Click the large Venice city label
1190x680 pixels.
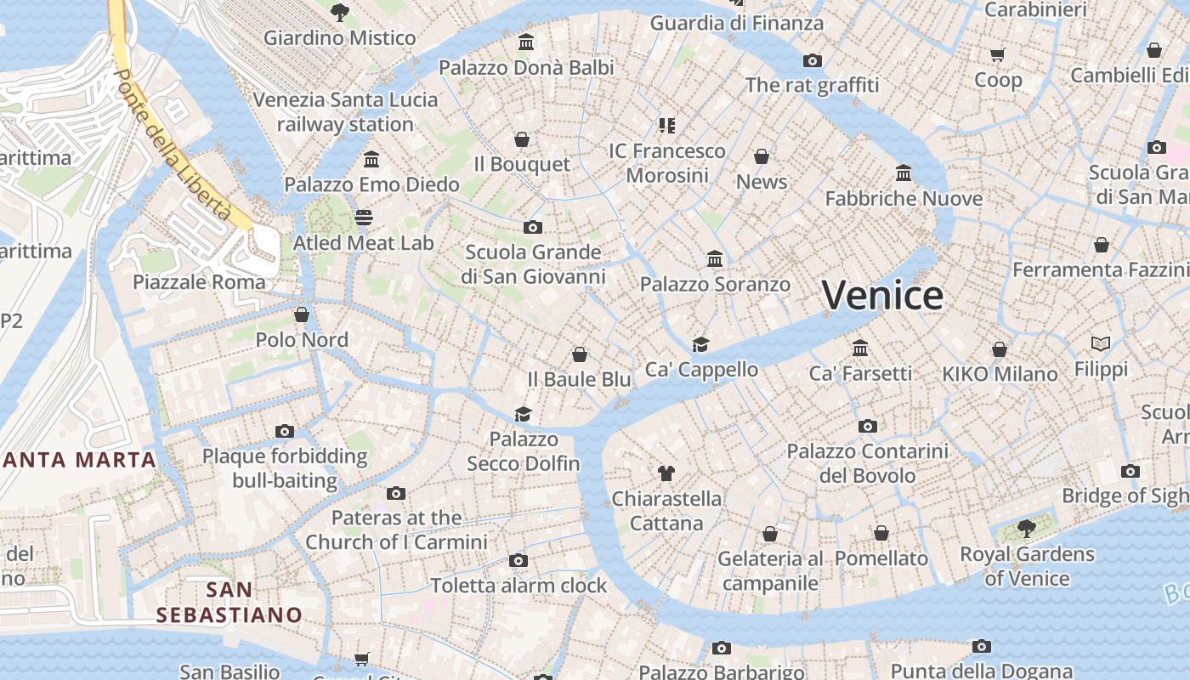tap(882, 296)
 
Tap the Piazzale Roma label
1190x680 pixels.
tap(199, 282)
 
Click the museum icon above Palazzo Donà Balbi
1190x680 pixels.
tap(526, 42)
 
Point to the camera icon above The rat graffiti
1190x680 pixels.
tap(813, 60)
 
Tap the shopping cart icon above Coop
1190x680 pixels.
tap(998, 55)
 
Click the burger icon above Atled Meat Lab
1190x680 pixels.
tap(364, 218)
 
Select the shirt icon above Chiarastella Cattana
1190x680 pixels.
tap(666, 473)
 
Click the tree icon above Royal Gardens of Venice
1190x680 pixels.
tap(1027, 529)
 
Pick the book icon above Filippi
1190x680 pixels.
tap(1101, 344)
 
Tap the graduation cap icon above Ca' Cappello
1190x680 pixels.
tap(700, 344)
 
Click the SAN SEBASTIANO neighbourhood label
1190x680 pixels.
tap(229, 602)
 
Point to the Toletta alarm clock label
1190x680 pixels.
tap(518, 586)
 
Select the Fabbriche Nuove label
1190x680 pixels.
tap(904, 199)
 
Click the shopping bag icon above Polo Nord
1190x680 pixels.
tap(302, 315)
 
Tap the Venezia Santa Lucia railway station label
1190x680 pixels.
tap(345, 112)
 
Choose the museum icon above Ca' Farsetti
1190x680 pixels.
tap(860, 348)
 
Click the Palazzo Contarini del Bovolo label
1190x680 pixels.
tap(867, 463)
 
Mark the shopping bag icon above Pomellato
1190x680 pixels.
tap(881, 534)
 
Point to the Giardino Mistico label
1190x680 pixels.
tap(339, 38)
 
